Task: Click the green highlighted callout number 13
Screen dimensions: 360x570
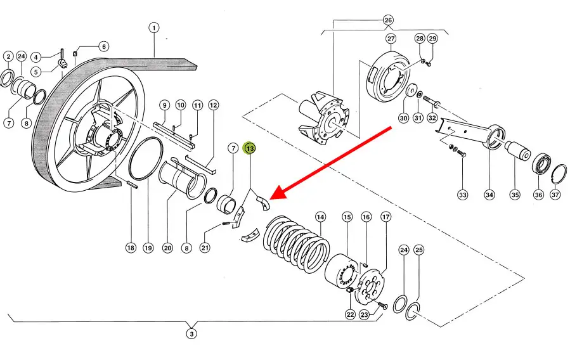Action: [x=250, y=148]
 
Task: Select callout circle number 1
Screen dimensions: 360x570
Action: [x=154, y=28]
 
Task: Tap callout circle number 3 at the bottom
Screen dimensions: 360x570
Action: [x=192, y=333]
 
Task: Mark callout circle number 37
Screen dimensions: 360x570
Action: [x=555, y=195]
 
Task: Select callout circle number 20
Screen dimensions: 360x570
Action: [x=167, y=248]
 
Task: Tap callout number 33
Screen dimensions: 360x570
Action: [x=463, y=195]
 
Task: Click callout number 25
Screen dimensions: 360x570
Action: [x=418, y=250]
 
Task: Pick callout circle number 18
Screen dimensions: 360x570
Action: [x=130, y=248]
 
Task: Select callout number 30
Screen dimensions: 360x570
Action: [x=403, y=118]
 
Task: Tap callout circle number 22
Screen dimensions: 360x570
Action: [x=349, y=314]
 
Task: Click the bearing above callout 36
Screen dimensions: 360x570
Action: [x=540, y=164]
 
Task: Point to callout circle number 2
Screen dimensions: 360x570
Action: [x=8, y=57]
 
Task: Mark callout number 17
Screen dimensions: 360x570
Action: [x=385, y=217]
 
